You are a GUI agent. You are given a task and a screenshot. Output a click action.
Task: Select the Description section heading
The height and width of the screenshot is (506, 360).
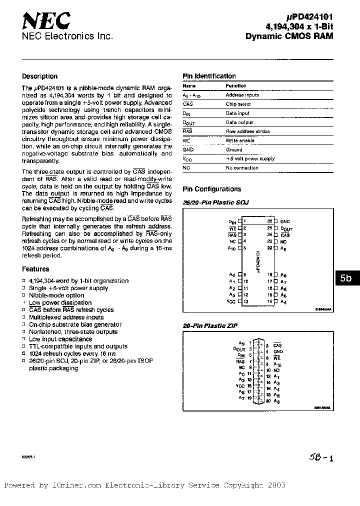[40, 76]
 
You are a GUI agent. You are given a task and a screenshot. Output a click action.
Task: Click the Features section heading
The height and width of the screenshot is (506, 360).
[36, 269]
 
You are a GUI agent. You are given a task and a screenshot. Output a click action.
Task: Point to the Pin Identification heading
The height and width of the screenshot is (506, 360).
[209, 76]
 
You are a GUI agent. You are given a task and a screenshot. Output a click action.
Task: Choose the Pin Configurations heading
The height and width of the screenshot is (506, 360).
[211, 189]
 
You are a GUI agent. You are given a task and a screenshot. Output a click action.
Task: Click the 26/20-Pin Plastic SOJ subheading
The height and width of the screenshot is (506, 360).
[215, 202]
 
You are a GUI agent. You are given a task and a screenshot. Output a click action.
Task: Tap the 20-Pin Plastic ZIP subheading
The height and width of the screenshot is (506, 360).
[210, 325]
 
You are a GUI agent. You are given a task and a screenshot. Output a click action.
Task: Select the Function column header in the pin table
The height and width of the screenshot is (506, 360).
[236, 86]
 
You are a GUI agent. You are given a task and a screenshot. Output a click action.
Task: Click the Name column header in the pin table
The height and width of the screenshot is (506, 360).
[189, 86]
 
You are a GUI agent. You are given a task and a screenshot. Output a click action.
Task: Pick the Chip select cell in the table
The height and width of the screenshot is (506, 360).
[238, 104]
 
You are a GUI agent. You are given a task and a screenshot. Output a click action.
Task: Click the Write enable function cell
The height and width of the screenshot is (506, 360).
[240, 140]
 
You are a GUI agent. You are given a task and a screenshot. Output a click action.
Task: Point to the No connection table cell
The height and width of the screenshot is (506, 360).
[242, 168]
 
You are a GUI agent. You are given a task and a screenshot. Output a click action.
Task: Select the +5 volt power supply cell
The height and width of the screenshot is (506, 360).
[250, 159]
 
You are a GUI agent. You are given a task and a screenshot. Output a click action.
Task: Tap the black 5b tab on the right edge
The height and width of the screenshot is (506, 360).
[346, 279]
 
